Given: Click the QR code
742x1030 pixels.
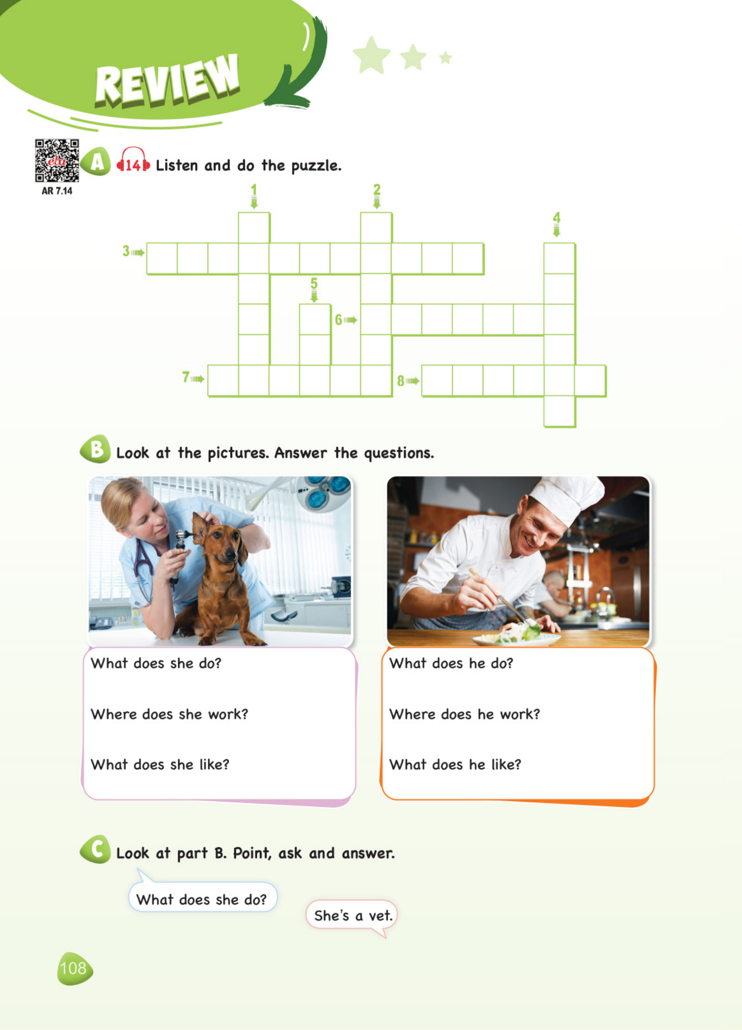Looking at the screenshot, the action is (x=57, y=161).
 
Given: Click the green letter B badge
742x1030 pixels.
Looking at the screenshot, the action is (x=95, y=449).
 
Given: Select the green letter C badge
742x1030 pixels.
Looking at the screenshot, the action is (x=95, y=849).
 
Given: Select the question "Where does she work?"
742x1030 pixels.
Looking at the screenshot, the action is (x=170, y=714).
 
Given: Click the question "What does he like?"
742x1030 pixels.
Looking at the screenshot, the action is (x=455, y=765).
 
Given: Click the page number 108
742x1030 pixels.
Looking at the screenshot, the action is (x=73, y=968).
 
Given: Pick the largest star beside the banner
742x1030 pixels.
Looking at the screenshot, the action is (x=372, y=55).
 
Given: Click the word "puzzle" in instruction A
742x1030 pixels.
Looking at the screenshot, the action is (x=316, y=166).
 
